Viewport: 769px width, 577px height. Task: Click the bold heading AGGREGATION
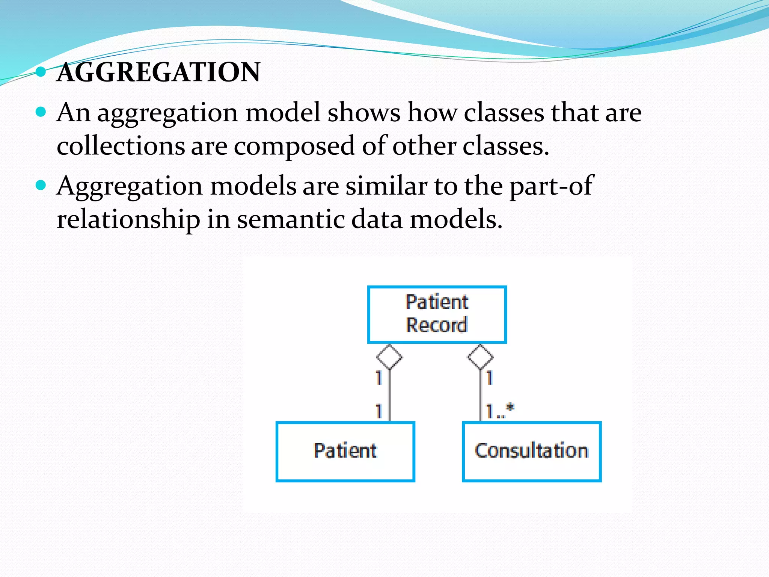coord(158,72)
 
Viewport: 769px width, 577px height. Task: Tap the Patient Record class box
coord(437,314)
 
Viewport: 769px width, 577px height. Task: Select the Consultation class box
coord(531,451)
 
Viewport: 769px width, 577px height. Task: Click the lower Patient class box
coord(345,451)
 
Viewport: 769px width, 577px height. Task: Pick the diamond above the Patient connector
coord(389,357)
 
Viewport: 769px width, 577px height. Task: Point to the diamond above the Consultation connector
coord(480,357)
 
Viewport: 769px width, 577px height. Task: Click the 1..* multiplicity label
coord(500,411)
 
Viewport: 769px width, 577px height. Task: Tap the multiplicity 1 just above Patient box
coord(379,411)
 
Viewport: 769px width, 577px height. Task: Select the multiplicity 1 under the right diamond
coord(489,378)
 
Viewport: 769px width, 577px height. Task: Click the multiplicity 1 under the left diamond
coord(379,378)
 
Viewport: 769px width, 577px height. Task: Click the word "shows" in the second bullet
coord(364,113)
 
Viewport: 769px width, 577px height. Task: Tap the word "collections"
coord(121,146)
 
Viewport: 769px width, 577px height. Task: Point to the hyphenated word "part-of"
coord(551,186)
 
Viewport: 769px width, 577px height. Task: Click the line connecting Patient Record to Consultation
coord(480,394)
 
